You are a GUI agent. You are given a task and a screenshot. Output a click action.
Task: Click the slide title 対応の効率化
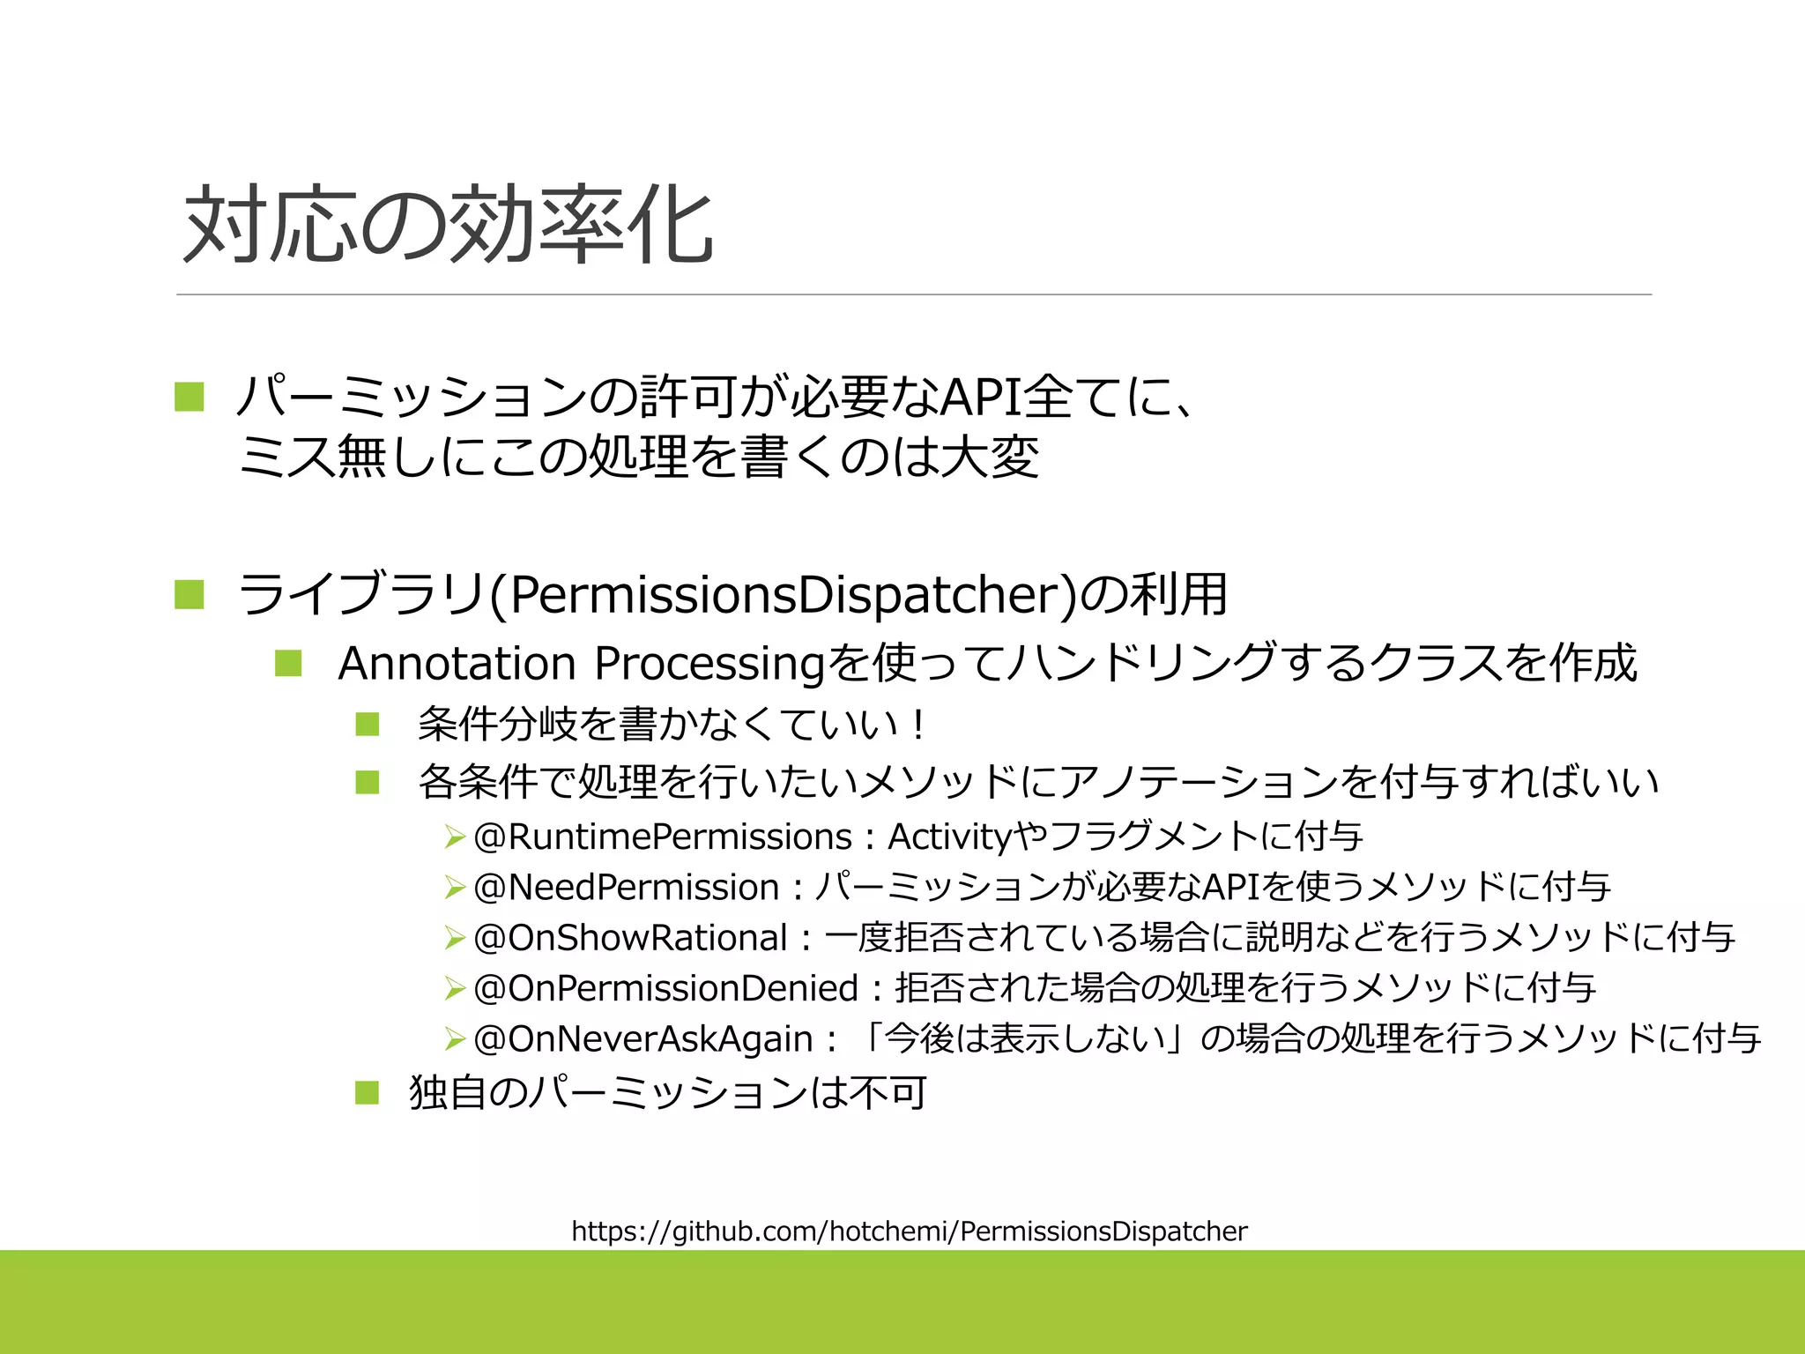point(448,226)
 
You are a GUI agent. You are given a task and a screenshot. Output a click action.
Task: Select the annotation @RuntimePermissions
point(663,837)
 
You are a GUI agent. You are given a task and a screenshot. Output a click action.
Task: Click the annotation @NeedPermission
point(627,887)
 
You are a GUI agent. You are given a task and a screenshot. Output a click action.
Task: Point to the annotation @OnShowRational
point(630,938)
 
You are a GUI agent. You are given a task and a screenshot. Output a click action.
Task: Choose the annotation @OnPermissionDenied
point(665,988)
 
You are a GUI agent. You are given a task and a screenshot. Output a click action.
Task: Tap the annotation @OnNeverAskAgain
point(643,1039)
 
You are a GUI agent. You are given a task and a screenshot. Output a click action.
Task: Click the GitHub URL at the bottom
point(909,1231)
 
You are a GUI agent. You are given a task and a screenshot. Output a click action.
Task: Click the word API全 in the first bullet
point(1005,398)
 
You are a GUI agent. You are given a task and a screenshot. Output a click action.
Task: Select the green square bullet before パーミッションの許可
point(189,397)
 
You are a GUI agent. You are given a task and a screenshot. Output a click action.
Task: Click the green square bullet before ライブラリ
point(189,595)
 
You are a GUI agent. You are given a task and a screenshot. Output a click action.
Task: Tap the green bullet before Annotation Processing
point(288,663)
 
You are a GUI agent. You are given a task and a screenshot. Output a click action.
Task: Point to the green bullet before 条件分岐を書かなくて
point(368,725)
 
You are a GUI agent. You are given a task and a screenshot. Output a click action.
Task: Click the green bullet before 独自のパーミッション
point(367,1093)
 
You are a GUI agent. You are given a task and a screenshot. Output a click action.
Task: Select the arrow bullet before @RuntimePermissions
point(454,837)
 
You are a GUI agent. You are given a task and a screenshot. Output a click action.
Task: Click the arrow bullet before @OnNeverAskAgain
point(454,1039)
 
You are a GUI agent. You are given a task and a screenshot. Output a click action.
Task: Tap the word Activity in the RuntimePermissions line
point(949,837)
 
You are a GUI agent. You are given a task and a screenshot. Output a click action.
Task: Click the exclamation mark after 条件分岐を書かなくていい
point(919,725)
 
